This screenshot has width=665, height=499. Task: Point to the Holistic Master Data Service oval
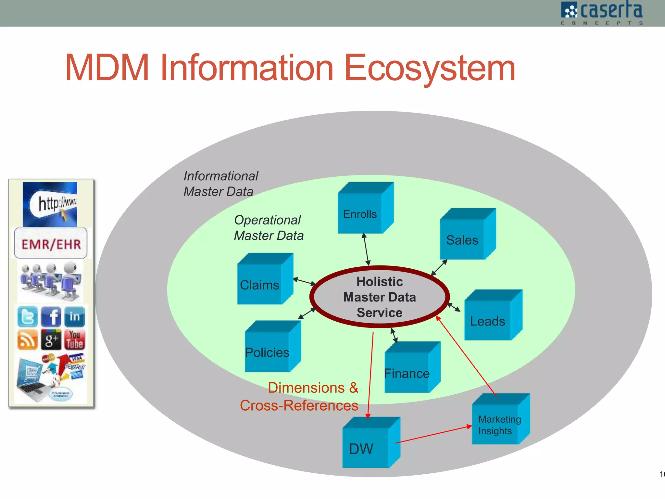point(379,297)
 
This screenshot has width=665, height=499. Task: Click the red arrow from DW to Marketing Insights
point(433,435)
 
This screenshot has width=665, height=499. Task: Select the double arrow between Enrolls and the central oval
point(366,249)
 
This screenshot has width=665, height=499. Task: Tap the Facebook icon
point(51,316)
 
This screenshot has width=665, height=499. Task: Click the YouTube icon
point(75,340)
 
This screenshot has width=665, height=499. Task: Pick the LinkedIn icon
point(75,316)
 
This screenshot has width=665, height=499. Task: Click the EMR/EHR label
point(51,244)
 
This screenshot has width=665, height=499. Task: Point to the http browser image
point(50,204)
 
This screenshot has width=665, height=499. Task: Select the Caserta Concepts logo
point(602,13)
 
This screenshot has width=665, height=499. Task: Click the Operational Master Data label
point(268,228)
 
